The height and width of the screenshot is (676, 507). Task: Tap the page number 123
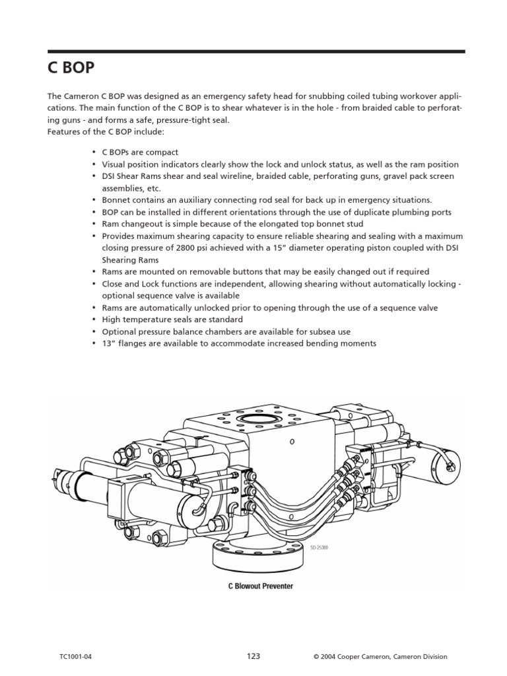pyautogui.click(x=253, y=656)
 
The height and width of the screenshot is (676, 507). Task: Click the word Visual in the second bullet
pyautogui.click(x=114, y=164)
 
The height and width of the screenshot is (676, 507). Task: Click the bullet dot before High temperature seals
pyautogui.click(x=95, y=320)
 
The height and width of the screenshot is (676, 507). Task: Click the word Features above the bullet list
pyautogui.click(x=63, y=132)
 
